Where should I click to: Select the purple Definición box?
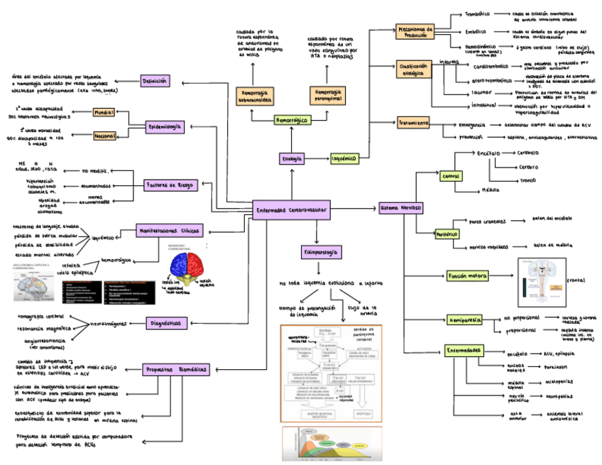pyautogui.click(x=155, y=82)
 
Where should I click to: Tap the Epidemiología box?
pyautogui.click(x=165, y=126)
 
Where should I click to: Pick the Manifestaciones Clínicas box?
pyautogui.click(x=170, y=231)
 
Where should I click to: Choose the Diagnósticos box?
pyautogui.click(x=165, y=323)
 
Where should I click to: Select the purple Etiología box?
pyautogui.click(x=291, y=158)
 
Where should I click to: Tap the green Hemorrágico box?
pyautogui.click(x=292, y=121)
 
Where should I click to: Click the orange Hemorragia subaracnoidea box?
pyautogui.click(x=256, y=94)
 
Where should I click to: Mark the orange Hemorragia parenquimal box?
pyautogui.click(x=328, y=94)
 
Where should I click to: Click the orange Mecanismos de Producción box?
pyautogui.click(x=415, y=32)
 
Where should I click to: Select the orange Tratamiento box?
pyautogui.click(x=413, y=123)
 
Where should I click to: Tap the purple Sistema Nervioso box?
pyautogui.click(x=401, y=208)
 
